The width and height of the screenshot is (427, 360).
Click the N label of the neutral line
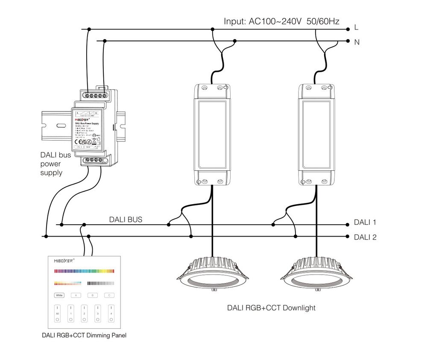tap(357, 42)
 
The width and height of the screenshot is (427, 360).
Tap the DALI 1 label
tap(365, 222)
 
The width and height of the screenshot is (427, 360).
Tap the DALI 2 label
tap(365, 237)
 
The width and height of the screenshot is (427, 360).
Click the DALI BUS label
tap(126, 220)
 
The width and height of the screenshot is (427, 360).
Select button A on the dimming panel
tap(76, 295)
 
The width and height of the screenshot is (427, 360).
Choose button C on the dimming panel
tap(109, 295)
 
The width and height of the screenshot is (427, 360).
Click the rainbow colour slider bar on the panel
tap(84, 270)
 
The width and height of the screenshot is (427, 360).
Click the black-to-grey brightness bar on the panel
tap(101, 283)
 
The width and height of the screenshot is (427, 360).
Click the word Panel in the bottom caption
tap(117, 335)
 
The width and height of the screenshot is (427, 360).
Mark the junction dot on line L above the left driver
tap(212, 29)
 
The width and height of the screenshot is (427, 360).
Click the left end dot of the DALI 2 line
tap(45, 236)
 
